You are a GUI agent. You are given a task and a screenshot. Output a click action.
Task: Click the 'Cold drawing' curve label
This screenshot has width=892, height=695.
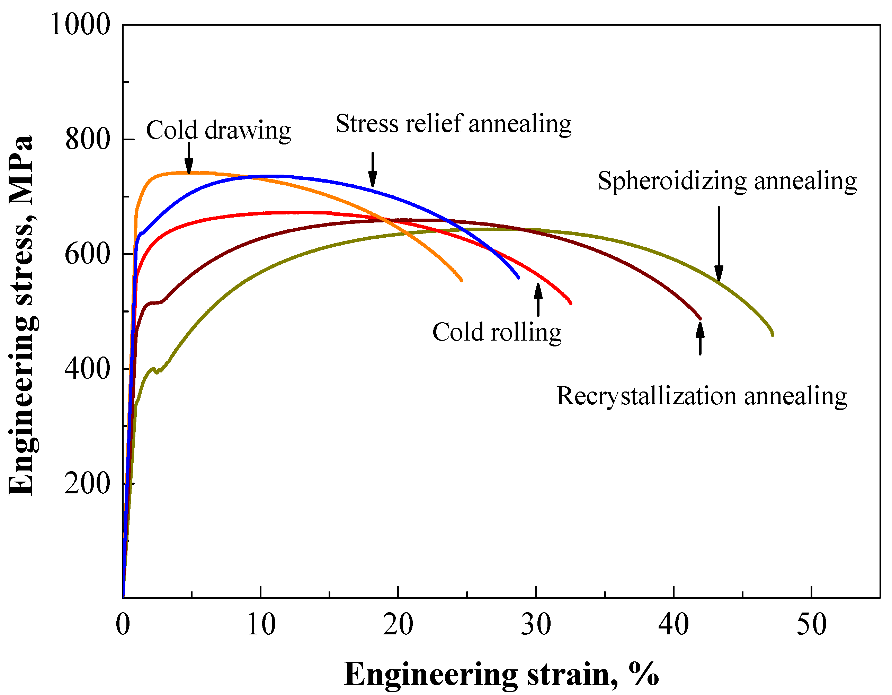pyautogui.click(x=218, y=130)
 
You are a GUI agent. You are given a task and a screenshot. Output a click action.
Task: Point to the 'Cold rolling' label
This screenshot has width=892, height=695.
pyautogui.click(x=497, y=332)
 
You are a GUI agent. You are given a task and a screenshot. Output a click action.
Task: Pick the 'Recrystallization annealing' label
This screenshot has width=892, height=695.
pyautogui.click(x=702, y=396)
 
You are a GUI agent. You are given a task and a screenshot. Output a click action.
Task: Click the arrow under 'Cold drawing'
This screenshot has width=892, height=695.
pyautogui.click(x=189, y=159)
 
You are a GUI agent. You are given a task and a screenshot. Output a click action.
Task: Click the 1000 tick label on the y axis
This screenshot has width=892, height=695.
pyautogui.click(x=80, y=25)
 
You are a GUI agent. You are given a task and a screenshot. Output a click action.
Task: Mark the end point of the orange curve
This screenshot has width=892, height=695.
pyautogui.click(x=462, y=280)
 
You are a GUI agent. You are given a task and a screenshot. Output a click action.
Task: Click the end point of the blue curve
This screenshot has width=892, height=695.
pyautogui.click(x=518, y=278)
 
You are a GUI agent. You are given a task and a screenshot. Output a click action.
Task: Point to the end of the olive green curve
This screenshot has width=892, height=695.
pyautogui.click(x=772, y=335)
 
